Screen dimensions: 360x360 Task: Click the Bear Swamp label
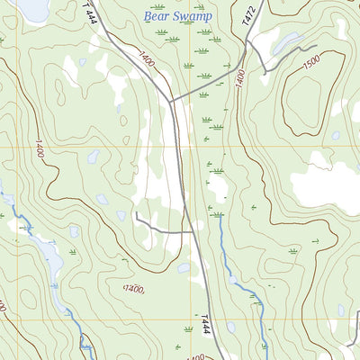point(175,15)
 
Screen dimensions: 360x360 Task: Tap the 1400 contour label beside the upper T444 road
point(145,64)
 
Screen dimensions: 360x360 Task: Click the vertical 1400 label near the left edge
point(38,149)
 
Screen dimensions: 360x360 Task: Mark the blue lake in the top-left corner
point(33,9)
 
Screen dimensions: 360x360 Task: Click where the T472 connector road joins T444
point(171,100)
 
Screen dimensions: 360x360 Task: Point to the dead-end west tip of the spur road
point(136,215)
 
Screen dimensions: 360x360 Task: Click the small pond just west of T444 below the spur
point(184,267)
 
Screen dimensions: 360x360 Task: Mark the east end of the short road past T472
point(317,46)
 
